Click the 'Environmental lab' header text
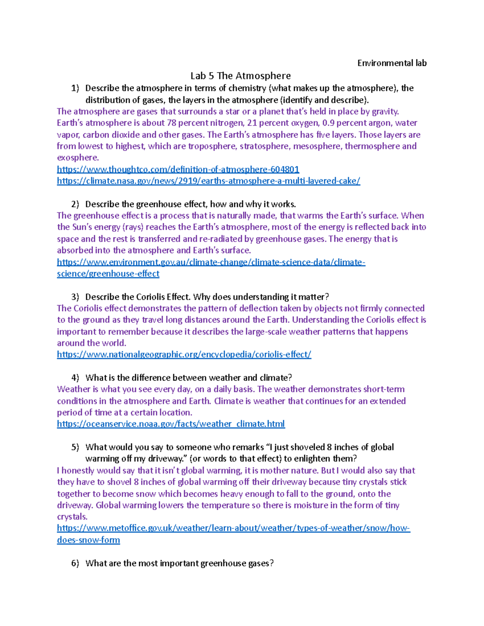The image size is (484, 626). point(392,63)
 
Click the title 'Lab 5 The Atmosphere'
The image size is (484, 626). point(240,76)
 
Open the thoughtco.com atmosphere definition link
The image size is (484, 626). point(178,169)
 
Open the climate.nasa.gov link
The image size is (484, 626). point(209,181)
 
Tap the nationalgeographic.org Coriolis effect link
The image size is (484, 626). point(184,355)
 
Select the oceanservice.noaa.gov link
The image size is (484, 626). point(171,424)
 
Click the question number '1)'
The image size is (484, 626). point(75,88)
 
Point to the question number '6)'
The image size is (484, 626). point(75,564)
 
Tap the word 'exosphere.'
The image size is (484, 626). point(78,158)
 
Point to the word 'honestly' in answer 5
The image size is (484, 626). point(80,471)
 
